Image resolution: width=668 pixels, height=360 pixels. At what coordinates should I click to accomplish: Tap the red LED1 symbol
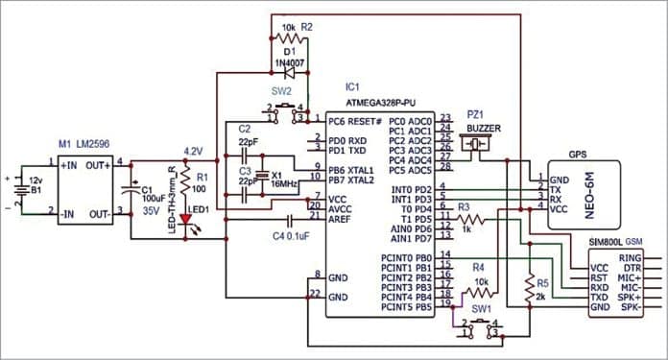pos(186,219)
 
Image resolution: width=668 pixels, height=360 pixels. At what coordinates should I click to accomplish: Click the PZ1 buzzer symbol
pos(477,145)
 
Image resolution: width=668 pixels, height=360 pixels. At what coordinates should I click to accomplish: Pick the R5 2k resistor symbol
pos(529,285)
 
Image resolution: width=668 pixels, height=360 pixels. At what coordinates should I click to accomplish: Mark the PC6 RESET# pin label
pos(355,121)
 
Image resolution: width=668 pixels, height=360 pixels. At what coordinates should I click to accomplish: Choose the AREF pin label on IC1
pos(341,218)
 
